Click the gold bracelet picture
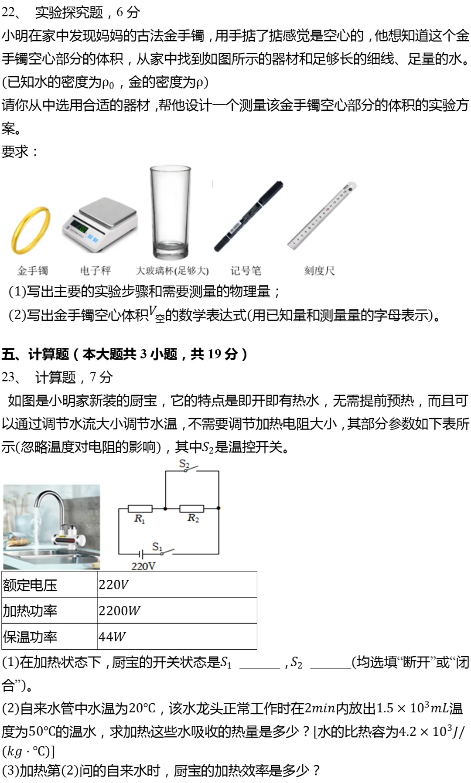(x=31, y=230)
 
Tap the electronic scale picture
(x=100, y=225)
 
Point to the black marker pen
(x=249, y=216)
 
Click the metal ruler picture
(x=322, y=216)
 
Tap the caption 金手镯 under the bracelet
(x=32, y=271)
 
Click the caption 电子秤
(x=96, y=271)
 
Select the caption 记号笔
(x=246, y=271)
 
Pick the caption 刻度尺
(x=319, y=271)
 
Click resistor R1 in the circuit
(x=140, y=508)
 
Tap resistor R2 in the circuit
(x=192, y=508)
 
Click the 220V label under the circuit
(x=143, y=566)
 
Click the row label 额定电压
(x=30, y=585)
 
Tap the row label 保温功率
(x=30, y=637)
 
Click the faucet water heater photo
(x=51, y=527)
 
